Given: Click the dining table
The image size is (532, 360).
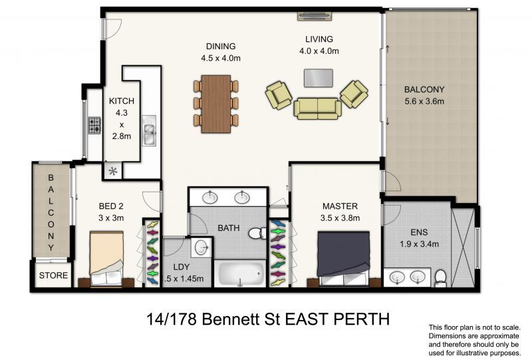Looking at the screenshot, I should [216, 103].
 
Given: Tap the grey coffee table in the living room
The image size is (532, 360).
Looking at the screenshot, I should [319, 77].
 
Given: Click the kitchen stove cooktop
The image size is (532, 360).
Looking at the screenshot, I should [94, 124].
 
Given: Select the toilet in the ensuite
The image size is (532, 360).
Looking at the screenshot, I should [438, 277].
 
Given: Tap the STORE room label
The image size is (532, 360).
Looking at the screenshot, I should [53, 275].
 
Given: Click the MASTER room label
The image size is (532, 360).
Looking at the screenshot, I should [340, 206].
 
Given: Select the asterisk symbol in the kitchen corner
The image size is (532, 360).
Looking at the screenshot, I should [113, 172].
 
